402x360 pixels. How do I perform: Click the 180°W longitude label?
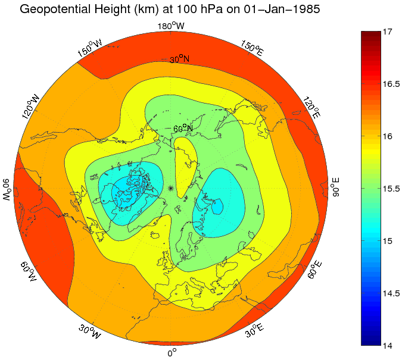(172, 26)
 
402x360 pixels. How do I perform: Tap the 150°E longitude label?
(253, 49)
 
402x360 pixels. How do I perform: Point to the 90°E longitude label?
(335, 187)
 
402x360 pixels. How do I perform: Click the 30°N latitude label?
(179, 60)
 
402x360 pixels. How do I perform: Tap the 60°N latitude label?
(183, 129)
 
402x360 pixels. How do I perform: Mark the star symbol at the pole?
(171, 188)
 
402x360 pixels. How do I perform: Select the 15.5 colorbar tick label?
(390, 189)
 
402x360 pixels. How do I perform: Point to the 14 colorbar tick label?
(390, 346)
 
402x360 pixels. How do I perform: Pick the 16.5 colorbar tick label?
(390, 84)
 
